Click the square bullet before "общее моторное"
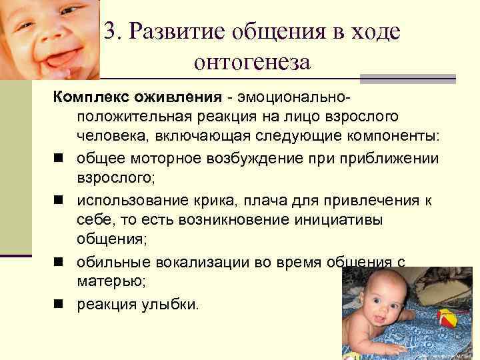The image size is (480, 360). click(58, 159)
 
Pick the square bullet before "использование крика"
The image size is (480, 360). click(58, 200)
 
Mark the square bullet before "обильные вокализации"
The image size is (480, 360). click(58, 263)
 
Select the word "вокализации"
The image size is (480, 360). click(186, 262)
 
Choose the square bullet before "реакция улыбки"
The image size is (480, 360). click(58, 304)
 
